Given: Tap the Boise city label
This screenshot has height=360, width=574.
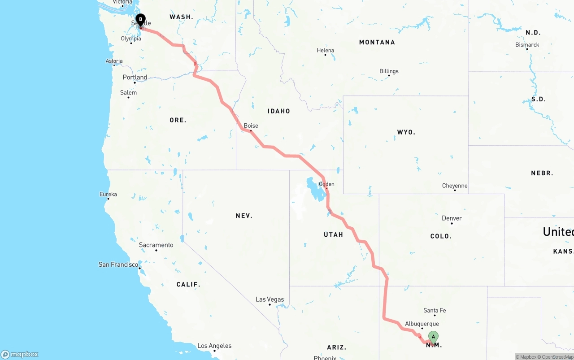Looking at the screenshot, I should (251, 126).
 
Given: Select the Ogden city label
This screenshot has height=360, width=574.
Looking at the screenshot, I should (326, 184).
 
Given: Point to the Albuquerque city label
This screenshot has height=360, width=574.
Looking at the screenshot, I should (422, 324).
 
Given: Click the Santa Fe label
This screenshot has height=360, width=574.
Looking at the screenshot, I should (435, 310).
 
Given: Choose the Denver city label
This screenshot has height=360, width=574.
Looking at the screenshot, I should (452, 218).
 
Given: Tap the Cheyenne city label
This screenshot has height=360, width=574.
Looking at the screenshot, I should (455, 186).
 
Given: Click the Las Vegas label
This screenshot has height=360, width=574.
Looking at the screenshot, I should (270, 299).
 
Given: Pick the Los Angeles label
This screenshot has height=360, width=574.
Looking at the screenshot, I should (214, 346).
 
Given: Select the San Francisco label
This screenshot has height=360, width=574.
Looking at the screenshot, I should (118, 265).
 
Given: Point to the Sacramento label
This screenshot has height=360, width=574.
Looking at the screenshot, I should (156, 245).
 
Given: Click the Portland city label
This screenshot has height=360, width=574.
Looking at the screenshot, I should (135, 77).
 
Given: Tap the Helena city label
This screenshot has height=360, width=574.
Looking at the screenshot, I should (326, 50).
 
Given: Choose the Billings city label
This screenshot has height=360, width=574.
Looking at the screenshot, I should (389, 71).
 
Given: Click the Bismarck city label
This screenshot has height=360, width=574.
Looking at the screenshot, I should (527, 44).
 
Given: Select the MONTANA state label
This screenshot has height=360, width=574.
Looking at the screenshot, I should (377, 42).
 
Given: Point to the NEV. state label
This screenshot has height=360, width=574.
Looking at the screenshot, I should (244, 216).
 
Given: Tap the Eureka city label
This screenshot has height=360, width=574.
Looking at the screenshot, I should (108, 194).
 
